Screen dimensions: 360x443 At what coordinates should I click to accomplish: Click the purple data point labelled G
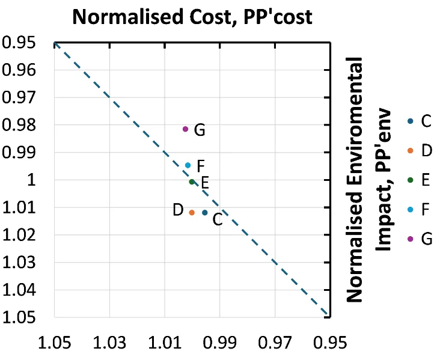point(185,129)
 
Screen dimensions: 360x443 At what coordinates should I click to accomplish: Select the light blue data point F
point(188,165)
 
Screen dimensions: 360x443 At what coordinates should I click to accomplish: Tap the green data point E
point(192,182)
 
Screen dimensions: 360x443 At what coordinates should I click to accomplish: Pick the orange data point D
point(192,212)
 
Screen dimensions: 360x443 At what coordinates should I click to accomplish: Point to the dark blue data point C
point(205,213)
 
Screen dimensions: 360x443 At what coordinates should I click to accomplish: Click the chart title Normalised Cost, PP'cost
point(192,16)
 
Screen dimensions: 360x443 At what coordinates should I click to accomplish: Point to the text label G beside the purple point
point(200,130)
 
